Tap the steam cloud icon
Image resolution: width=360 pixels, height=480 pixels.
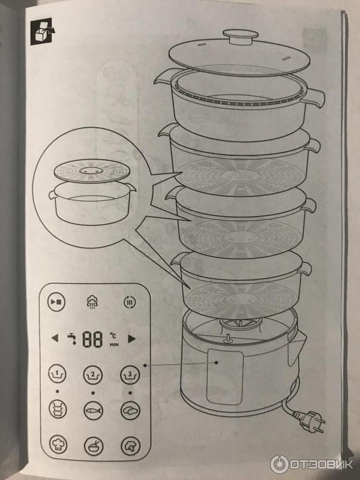tap(92, 302)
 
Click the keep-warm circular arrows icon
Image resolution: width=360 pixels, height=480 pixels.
tap(130, 302)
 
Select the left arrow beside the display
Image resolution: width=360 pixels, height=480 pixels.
tap(55, 338)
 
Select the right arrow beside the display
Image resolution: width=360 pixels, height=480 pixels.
tap(131, 338)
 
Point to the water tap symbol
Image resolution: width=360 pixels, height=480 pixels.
tap(72, 338)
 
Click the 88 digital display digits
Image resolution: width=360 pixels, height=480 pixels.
tap(92, 339)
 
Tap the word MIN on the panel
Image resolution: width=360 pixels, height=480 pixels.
tap(114, 344)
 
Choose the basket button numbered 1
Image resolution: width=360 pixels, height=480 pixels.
tap(57, 374)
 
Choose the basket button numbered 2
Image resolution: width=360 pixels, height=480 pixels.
tap(93, 374)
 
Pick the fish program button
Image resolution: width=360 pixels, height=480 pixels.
tap(94, 410)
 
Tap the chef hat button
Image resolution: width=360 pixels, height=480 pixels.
tap(58, 445)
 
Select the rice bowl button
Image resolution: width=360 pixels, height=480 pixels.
tap(94, 446)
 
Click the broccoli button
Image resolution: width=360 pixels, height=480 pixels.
tap(131, 446)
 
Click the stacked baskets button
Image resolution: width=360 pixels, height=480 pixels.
tap(58, 409)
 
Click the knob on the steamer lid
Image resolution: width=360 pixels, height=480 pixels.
tap(241, 35)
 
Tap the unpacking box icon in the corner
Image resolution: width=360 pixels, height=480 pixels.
tap(43, 31)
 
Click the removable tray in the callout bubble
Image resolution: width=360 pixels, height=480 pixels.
tap(92, 171)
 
